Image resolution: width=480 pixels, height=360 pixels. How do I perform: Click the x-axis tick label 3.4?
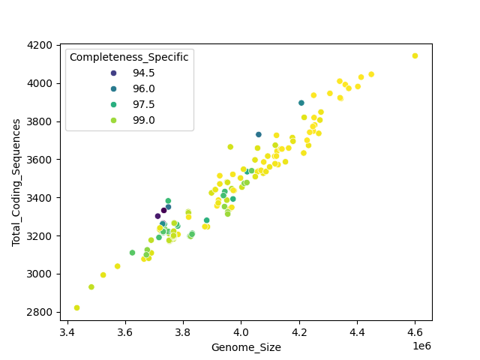pyautogui.click(x=67, y=331)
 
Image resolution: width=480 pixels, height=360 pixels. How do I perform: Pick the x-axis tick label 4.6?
pyautogui.click(x=415, y=331)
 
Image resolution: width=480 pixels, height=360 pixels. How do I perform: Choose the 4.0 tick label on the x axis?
pyautogui.click(x=241, y=331)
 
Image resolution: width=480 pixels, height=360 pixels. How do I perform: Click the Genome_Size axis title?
pyautogui.click(x=246, y=347)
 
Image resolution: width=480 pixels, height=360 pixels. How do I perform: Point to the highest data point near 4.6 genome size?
pyautogui.click(x=415, y=55)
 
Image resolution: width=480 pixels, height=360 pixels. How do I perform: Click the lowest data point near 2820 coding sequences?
pyautogui.click(x=76, y=307)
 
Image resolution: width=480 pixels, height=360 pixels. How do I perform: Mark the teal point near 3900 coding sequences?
pyautogui.click(x=301, y=103)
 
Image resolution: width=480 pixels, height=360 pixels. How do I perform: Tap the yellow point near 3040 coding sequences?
pyautogui.click(x=117, y=266)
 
